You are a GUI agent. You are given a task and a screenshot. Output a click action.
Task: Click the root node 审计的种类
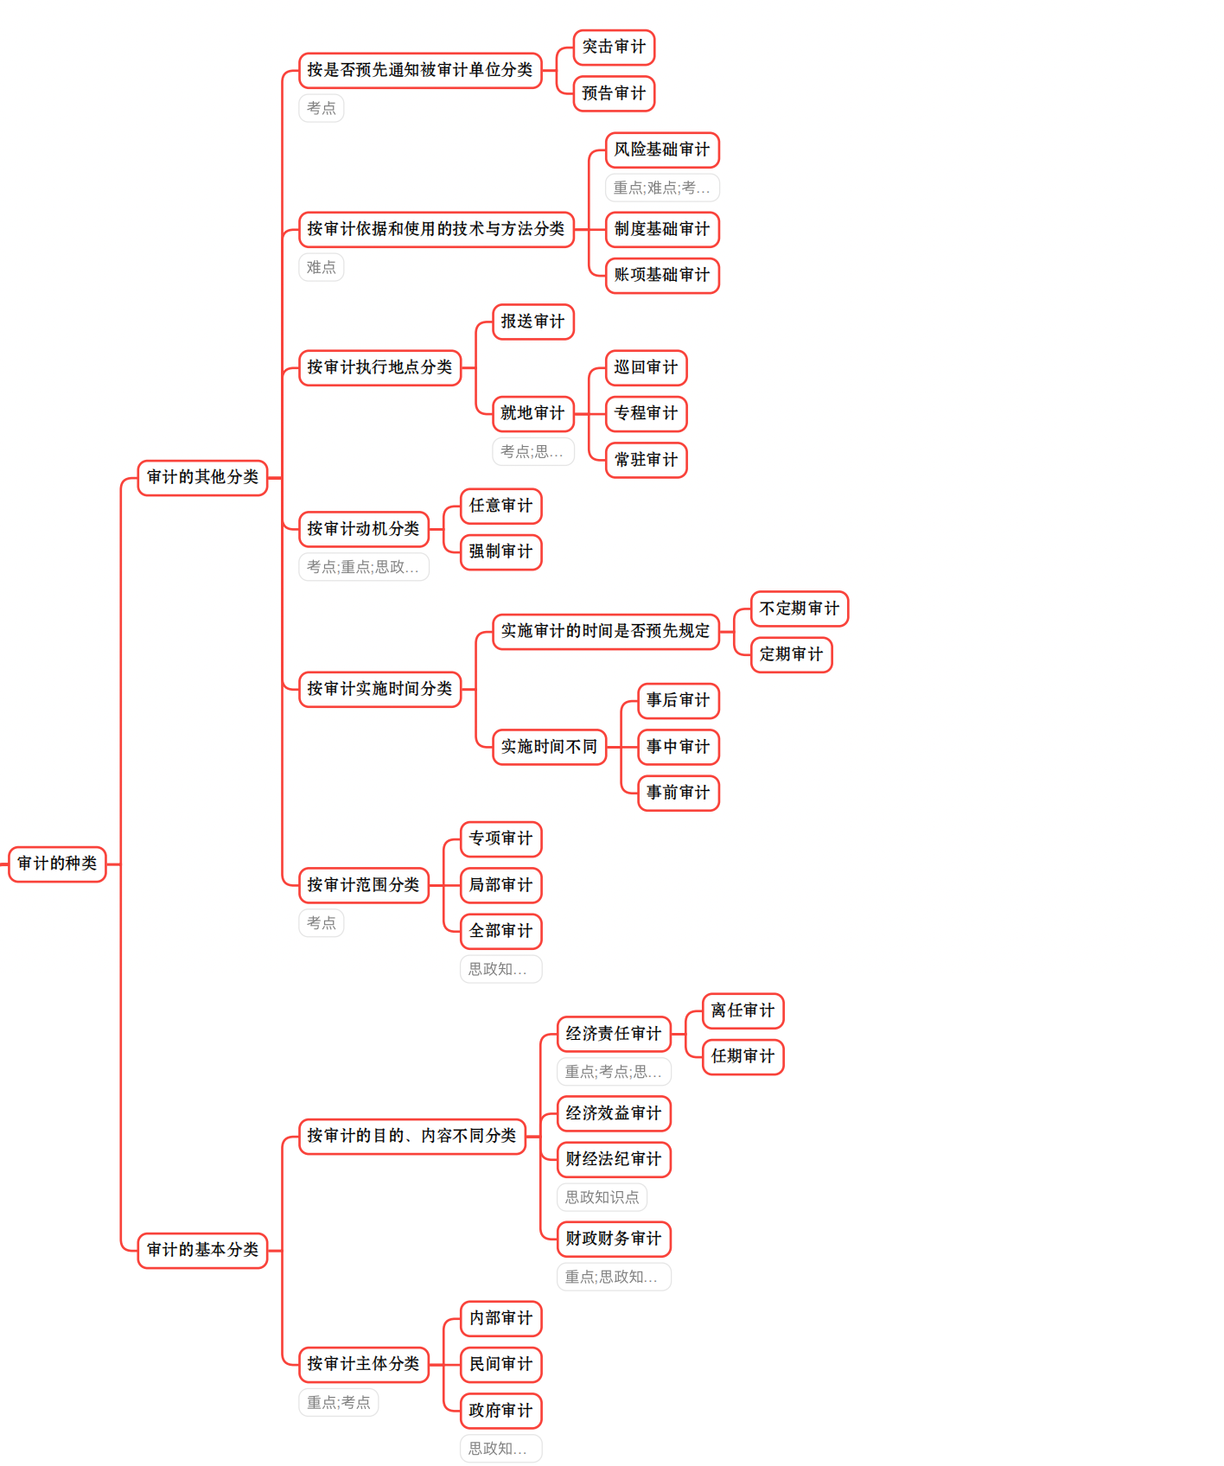[57, 864]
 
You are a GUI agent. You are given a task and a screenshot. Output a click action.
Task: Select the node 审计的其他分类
[202, 477]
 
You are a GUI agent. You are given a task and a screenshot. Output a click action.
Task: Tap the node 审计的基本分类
[202, 1250]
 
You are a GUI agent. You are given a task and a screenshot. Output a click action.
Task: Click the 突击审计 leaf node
[614, 47]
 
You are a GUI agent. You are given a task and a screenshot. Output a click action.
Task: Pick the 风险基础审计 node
[662, 150]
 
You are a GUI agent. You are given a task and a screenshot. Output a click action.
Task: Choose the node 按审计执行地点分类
[379, 367]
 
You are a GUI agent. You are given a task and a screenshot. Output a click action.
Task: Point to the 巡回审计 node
[646, 367]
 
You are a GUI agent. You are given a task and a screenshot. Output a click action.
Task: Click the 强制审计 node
[500, 551]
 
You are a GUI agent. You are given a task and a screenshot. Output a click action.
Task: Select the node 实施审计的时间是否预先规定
[605, 631]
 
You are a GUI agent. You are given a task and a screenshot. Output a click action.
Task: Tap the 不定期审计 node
[800, 609]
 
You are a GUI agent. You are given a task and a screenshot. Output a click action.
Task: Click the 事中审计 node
[678, 747]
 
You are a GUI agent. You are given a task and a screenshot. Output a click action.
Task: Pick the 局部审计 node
[500, 885]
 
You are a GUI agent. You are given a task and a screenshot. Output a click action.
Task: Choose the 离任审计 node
[743, 1010]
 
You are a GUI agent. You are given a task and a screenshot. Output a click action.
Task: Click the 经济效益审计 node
[614, 1113]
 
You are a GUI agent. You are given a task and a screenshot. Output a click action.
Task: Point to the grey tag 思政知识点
[602, 1197]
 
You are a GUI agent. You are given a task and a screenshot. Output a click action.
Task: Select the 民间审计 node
[500, 1364]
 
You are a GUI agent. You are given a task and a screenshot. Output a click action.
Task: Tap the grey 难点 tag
[322, 267]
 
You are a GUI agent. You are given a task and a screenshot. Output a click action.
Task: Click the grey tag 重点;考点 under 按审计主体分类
[339, 1402]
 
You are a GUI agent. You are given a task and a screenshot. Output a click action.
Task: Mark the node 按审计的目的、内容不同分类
[411, 1136]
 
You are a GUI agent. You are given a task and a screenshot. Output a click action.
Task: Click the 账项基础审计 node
[662, 275]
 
